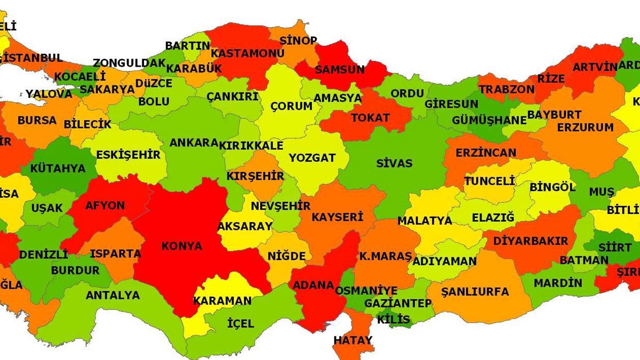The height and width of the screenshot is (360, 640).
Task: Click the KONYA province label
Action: (x=182, y=246)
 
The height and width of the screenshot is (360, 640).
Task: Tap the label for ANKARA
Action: (x=194, y=143)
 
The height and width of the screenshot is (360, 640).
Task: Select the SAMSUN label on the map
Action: (x=340, y=69)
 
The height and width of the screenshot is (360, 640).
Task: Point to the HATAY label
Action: (x=353, y=340)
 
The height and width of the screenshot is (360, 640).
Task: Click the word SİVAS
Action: (x=394, y=163)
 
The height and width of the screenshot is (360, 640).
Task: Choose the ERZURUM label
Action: (x=585, y=127)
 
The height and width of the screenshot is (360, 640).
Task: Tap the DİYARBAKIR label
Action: (x=531, y=241)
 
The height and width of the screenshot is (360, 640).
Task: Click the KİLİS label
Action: (x=394, y=320)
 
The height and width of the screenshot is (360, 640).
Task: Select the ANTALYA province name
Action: (x=113, y=295)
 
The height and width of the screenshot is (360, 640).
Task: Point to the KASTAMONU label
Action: (x=247, y=53)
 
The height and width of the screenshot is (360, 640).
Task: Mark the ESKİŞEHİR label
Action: (x=128, y=155)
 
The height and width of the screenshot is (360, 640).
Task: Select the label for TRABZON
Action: (x=506, y=90)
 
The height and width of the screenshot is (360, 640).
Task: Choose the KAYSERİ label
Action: (x=337, y=217)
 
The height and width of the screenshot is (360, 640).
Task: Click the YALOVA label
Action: (x=49, y=94)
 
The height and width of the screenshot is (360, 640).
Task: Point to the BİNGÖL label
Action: (x=552, y=188)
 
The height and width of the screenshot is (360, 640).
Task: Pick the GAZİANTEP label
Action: (x=398, y=303)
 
